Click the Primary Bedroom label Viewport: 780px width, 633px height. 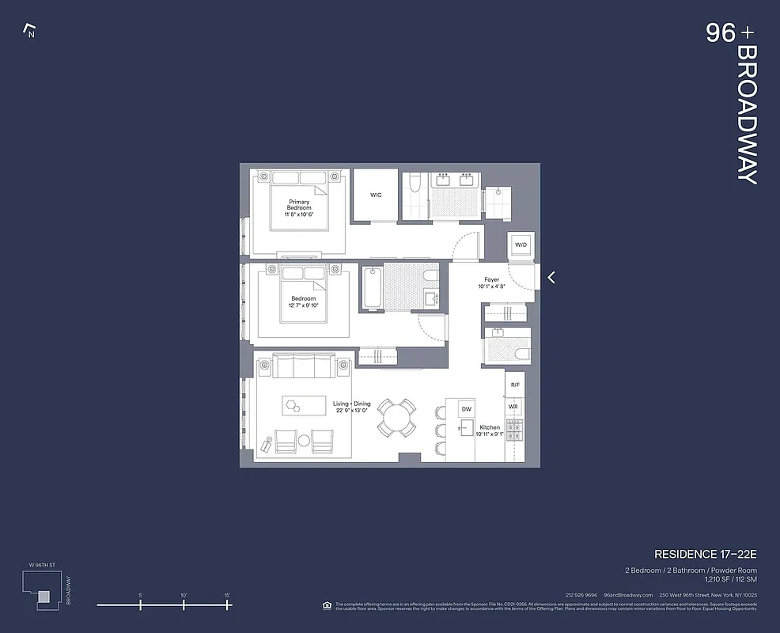click(299, 205)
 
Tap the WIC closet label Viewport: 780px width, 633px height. click(376, 195)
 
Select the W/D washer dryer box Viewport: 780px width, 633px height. click(521, 246)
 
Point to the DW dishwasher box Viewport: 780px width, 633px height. click(467, 409)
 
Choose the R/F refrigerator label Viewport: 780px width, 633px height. click(514, 385)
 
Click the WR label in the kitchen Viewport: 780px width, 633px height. click(513, 407)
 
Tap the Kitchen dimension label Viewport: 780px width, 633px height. click(490, 430)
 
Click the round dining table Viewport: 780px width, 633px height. click(396, 417)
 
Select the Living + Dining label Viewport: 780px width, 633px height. click(351, 407)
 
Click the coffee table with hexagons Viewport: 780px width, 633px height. click(305, 404)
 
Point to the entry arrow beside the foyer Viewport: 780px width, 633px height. click(551, 277)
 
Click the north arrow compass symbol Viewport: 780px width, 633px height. click(30, 32)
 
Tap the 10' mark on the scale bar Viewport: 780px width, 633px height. click(184, 605)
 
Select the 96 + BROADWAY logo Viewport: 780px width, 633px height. click(733, 103)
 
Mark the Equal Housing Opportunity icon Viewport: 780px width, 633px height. click(328, 605)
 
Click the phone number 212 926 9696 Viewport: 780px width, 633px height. click(581, 595)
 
